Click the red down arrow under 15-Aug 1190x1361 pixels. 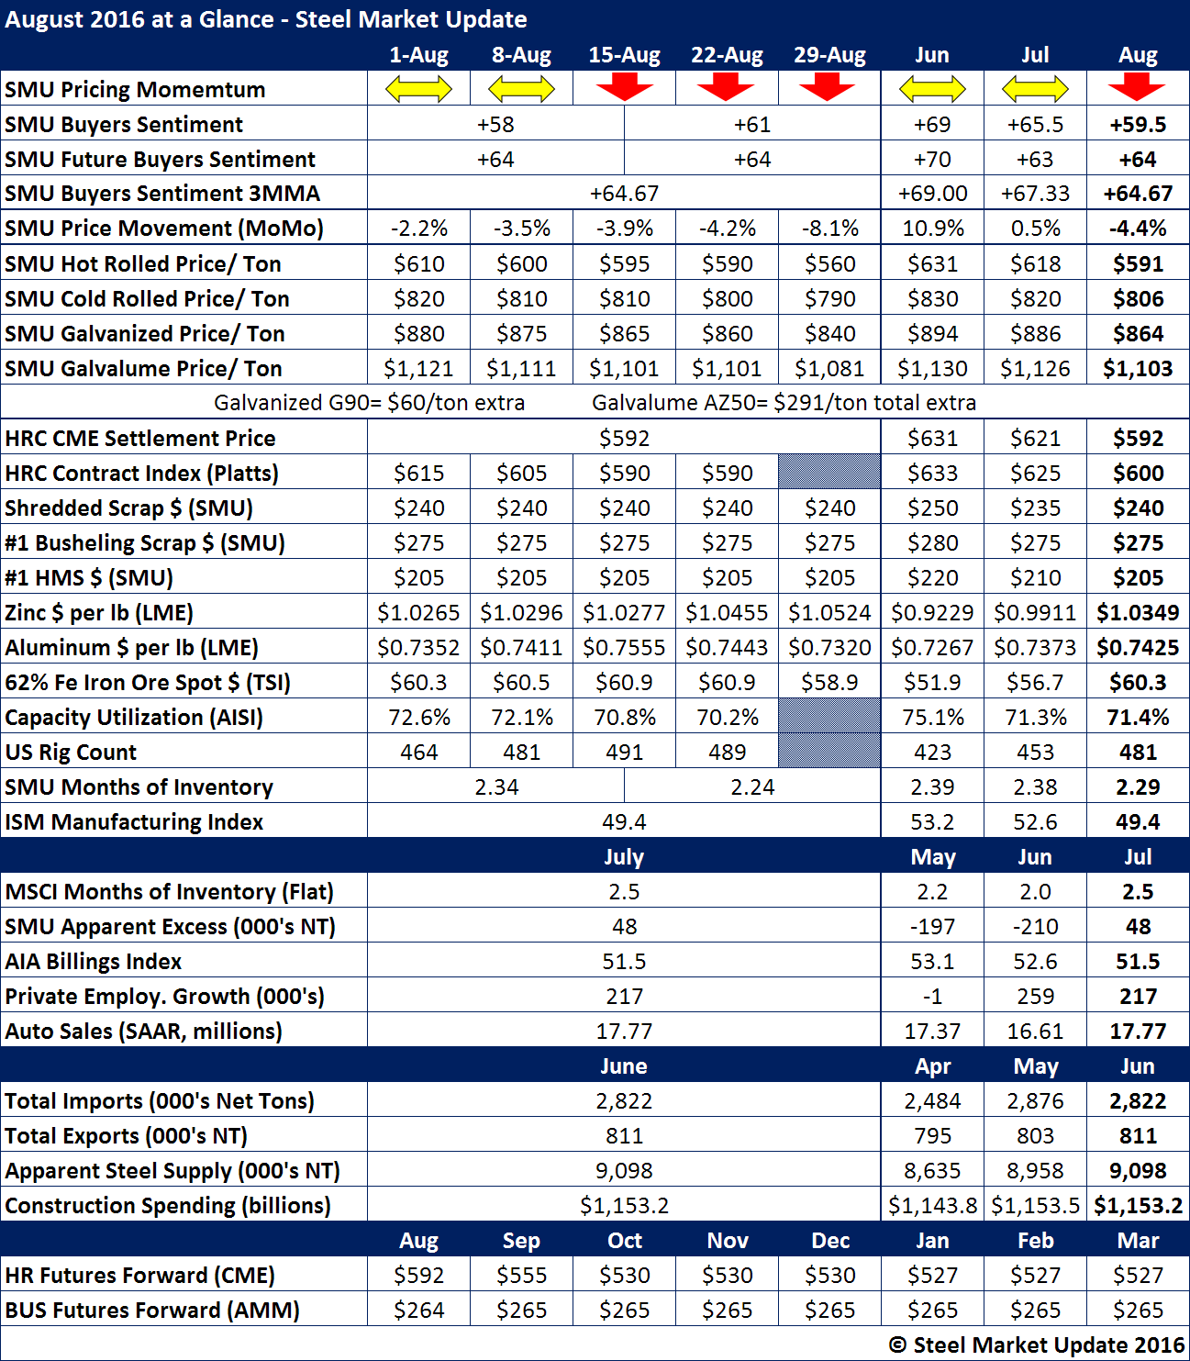[x=624, y=88]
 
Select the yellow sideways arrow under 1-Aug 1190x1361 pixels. [x=418, y=89]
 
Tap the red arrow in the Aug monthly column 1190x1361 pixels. [x=1137, y=88]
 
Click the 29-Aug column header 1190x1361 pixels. [x=829, y=55]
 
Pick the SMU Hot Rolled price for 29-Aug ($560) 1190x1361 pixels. [x=829, y=264]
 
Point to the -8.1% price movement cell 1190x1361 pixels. [x=829, y=229]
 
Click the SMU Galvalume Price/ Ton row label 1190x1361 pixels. [x=143, y=369]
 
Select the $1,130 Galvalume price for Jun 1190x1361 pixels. [x=932, y=369]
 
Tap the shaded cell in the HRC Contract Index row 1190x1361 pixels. [x=829, y=473]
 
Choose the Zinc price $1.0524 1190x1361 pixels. [x=829, y=613]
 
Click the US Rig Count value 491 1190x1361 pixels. [x=624, y=753]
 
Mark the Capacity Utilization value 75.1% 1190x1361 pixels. [x=932, y=718]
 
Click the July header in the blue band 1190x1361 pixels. [x=624, y=857]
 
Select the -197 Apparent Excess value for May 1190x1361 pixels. [x=932, y=927]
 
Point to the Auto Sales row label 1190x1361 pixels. [x=143, y=1032]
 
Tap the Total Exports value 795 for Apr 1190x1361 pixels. [x=932, y=1136]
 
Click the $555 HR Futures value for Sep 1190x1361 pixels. [x=521, y=1276]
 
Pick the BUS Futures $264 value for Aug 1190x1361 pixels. [x=418, y=1311]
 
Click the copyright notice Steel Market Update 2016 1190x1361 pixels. [x=1037, y=1345]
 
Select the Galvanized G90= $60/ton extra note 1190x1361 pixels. [x=369, y=403]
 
